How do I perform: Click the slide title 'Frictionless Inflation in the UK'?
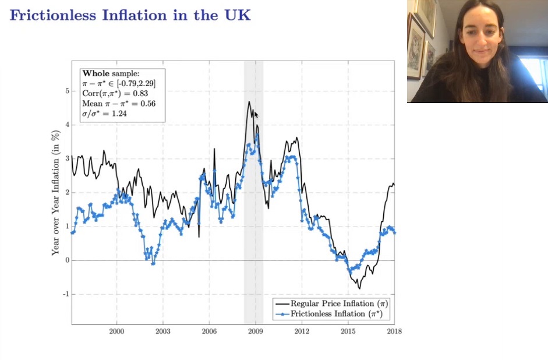130,15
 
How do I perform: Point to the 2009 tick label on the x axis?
255,331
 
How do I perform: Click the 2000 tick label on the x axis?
116,331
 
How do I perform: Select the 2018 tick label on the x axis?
394,331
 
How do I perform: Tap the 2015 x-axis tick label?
348,331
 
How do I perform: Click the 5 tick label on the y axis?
67,91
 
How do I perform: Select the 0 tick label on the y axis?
67,260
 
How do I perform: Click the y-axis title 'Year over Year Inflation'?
56,193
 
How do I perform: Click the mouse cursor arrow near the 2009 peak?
256,114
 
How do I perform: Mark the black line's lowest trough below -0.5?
359,288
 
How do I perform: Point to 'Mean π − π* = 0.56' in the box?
115,104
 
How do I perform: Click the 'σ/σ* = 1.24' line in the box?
105,114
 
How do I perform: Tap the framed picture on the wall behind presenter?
416,46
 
